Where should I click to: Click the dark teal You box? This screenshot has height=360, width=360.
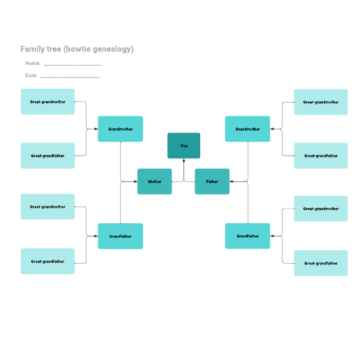click(183, 146)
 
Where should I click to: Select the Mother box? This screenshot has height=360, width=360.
click(155, 181)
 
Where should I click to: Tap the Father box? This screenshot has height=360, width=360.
click(212, 181)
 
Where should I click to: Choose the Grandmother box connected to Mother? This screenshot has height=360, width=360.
click(120, 129)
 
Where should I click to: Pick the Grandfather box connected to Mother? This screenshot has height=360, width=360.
click(120, 236)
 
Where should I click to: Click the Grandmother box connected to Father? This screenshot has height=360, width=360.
click(248, 129)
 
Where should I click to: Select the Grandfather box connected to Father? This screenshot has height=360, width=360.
click(248, 236)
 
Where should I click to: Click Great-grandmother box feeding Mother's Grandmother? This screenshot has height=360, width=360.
click(47, 102)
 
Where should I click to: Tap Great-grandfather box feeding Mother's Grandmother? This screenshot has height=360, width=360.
click(47, 156)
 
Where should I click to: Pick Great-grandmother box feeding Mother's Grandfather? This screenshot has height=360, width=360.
click(47, 207)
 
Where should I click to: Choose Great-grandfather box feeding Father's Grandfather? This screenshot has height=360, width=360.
click(321, 263)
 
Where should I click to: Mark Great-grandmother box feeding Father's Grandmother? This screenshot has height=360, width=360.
click(321, 102)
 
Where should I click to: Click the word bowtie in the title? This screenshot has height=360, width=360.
click(77, 49)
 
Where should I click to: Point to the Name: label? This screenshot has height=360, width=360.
click(33, 63)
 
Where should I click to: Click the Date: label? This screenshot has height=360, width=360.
click(31, 75)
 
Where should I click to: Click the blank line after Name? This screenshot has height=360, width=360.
click(72, 65)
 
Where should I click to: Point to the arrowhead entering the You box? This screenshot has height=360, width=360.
click(183, 160)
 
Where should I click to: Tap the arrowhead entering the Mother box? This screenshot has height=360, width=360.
click(135, 181)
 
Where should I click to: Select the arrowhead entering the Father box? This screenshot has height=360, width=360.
click(232, 181)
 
